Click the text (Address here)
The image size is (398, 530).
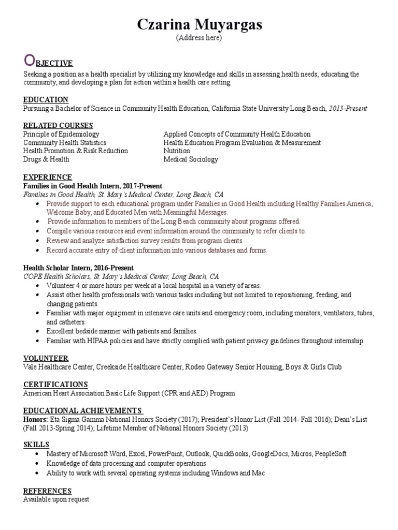click(x=199, y=38)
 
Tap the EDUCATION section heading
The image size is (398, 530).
click(x=46, y=99)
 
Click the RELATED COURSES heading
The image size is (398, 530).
click(x=58, y=125)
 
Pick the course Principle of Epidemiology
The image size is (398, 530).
click(x=61, y=134)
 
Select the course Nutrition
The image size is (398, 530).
click(x=177, y=151)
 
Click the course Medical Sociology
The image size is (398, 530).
click(x=191, y=159)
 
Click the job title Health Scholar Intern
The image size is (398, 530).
click(x=55, y=268)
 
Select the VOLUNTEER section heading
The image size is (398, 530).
click(x=46, y=358)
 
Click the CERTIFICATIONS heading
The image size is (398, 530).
click(x=55, y=385)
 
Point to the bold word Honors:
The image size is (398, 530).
click(x=34, y=419)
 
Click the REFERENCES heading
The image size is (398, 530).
click(x=47, y=491)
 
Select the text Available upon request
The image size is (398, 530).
click(x=56, y=499)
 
